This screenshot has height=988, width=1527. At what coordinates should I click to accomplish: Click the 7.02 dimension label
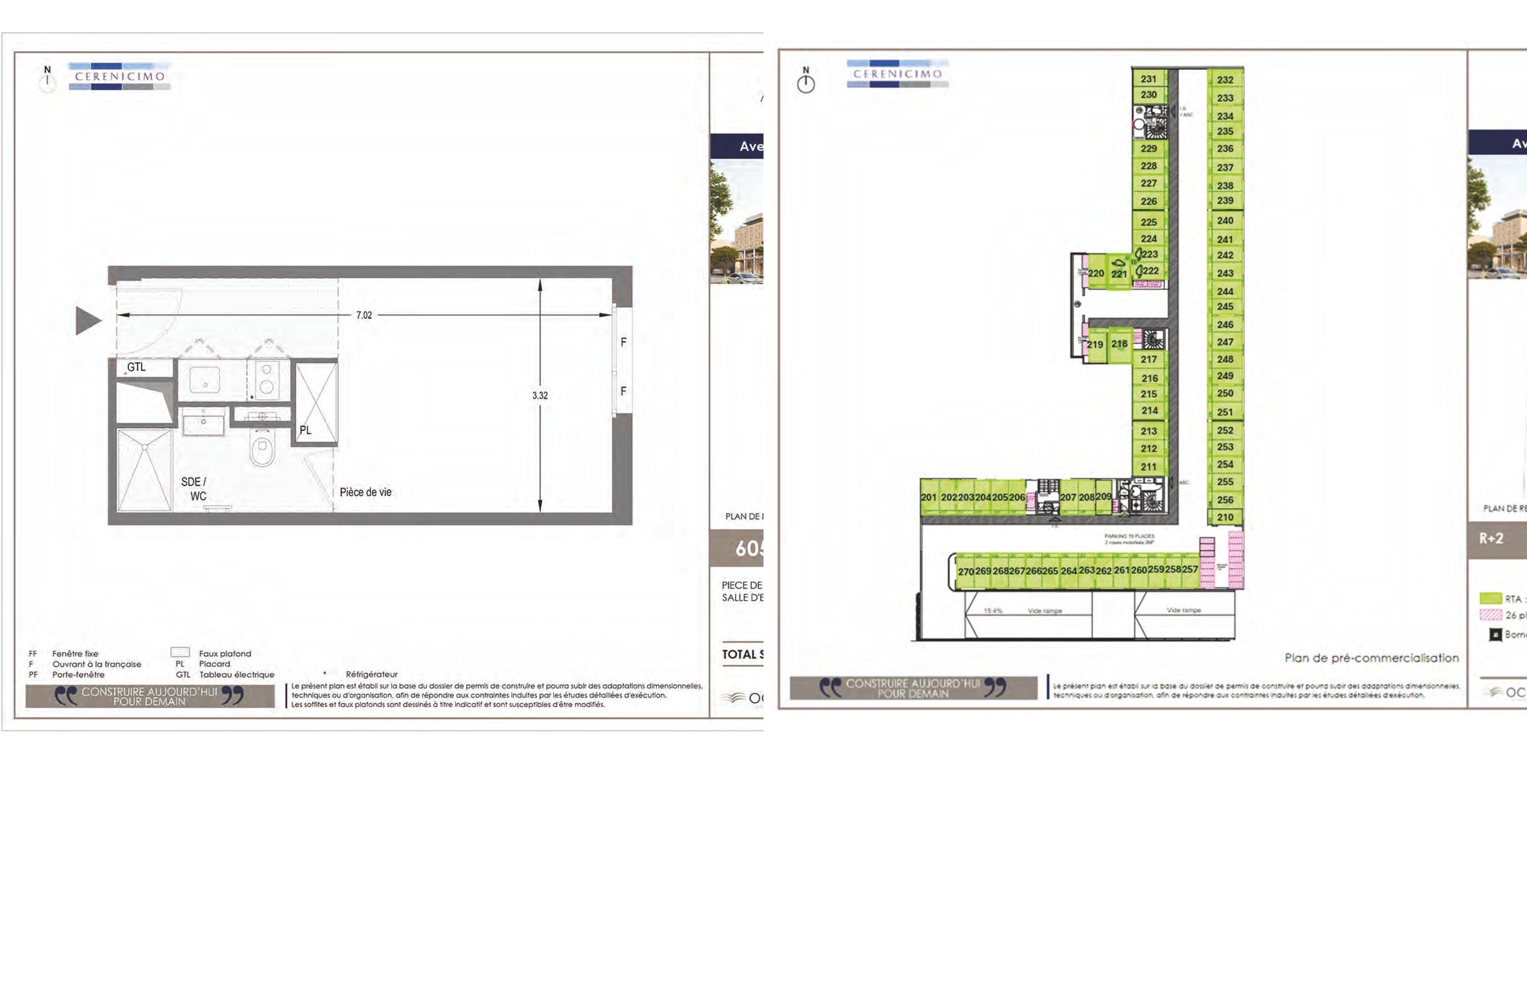[364, 315]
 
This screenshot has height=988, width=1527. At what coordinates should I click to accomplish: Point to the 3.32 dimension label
[540, 395]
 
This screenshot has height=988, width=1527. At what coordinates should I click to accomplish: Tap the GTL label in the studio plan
[136, 367]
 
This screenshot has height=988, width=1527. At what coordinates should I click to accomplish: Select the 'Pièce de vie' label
[365, 492]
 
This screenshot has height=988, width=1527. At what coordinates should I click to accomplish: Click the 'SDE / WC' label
[194, 489]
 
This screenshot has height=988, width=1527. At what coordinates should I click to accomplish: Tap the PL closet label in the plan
[305, 430]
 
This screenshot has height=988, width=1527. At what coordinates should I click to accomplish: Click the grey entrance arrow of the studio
[88, 320]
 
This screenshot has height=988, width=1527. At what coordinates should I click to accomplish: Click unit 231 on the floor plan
[1149, 79]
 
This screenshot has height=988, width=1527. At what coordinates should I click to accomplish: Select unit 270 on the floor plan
[966, 572]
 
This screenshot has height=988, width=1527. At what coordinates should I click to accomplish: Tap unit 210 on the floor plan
[1225, 517]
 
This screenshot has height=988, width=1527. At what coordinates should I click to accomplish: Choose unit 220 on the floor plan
[1096, 273]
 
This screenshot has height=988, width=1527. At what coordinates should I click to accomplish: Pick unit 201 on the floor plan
[928, 497]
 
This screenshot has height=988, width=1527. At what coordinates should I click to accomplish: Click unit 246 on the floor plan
[1225, 325]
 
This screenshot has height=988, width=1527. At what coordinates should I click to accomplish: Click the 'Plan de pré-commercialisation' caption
[1371, 658]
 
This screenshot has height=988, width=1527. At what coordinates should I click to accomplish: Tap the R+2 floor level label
[1491, 538]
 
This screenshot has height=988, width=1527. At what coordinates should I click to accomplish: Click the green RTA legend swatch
[1490, 599]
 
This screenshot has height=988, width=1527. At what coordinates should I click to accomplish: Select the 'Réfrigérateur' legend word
[372, 674]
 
